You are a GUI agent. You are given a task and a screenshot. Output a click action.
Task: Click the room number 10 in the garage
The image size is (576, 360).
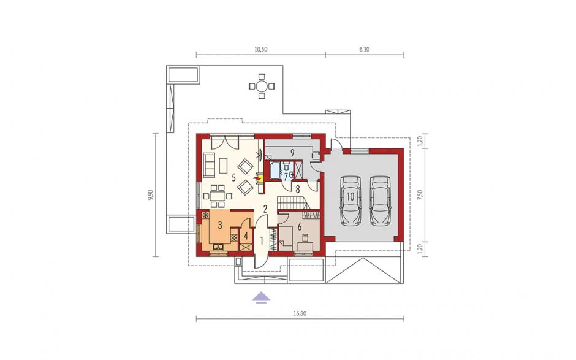[x=351, y=196]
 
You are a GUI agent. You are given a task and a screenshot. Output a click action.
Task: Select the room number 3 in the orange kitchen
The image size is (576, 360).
[x=220, y=225]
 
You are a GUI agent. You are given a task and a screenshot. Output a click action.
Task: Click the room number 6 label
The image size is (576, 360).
[x=300, y=227]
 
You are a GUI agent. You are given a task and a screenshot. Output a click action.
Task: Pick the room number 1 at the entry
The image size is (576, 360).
[x=262, y=241]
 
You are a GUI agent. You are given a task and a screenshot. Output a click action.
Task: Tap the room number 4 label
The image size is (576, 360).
[x=246, y=236]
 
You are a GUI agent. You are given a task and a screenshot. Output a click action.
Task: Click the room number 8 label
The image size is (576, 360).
[x=298, y=190]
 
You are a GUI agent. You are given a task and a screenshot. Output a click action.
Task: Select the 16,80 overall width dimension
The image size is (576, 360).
[x=300, y=313]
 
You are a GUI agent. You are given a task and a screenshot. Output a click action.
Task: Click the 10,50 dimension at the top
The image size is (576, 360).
[x=261, y=50]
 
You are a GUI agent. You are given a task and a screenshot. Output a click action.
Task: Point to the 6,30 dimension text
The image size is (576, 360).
[x=364, y=50]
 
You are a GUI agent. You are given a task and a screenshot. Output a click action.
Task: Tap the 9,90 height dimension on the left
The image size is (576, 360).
[x=150, y=195]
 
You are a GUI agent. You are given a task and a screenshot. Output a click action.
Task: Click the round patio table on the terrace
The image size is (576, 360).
[x=262, y=86]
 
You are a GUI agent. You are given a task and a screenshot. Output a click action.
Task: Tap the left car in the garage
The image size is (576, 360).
[x=351, y=201]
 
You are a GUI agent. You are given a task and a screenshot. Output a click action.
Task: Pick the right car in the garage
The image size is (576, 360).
[x=380, y=201]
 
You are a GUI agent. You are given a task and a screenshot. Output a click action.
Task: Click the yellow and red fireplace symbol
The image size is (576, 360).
[x=259, y=178]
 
